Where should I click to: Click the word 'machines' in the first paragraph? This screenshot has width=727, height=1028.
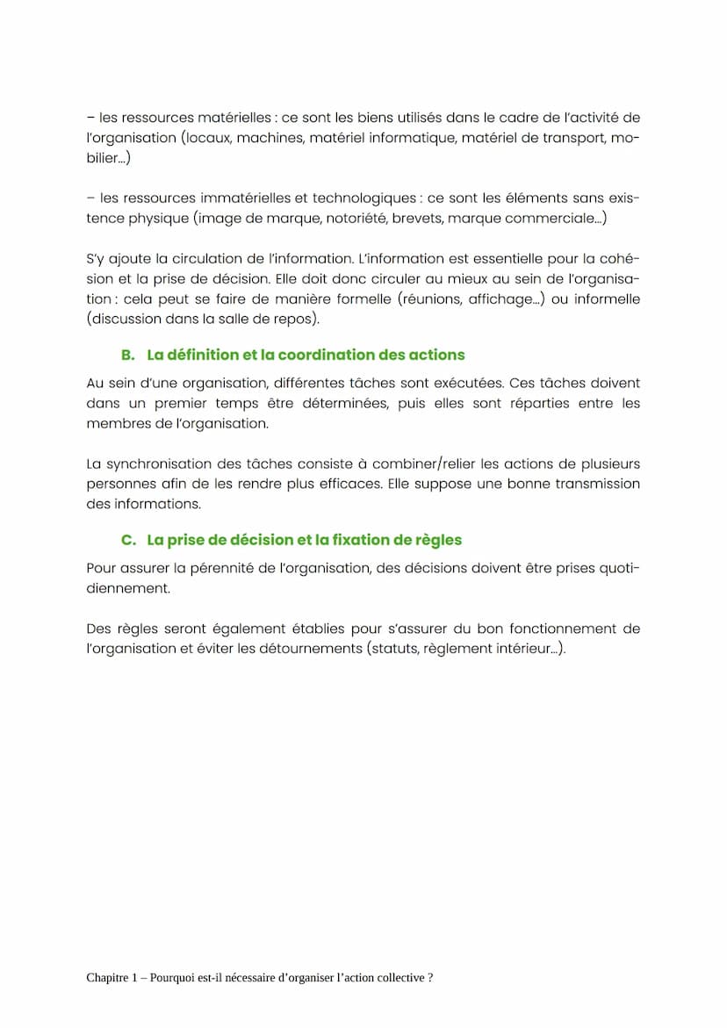[268, 139]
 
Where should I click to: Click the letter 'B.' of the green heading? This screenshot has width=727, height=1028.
[128, 356]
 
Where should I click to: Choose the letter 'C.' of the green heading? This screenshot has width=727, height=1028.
[128, 540]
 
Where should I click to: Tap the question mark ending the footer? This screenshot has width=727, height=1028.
[430, 978]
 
